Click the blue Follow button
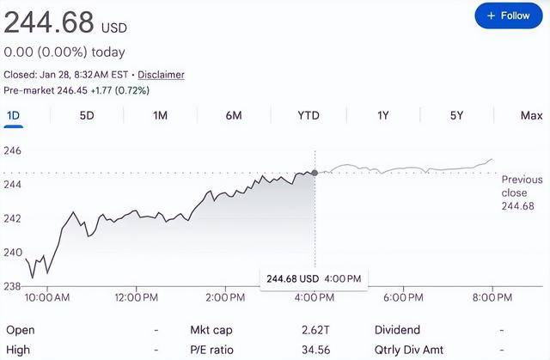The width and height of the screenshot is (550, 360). pyautogui.click(x=508, y=15)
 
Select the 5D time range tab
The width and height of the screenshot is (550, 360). pyautogui.click(x=87, y=115)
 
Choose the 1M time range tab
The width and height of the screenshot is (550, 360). pyautogui.click(x=160, y=115)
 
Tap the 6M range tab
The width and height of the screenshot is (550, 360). pyautogui.click(x=234, y=115)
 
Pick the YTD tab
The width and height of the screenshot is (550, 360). pyautogui.click(x=308, y=115)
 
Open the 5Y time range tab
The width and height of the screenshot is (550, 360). pyautogui.click(x=456, y=115)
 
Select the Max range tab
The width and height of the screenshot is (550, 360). pyautogui.click(x=531, y=115)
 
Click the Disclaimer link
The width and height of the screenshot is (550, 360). pyautogui.click(x=161, y=75)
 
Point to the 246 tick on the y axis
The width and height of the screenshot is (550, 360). pyautogui.click(x=13, y=150)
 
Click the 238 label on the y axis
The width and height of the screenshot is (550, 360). pyautogui.click(x=13, y=285)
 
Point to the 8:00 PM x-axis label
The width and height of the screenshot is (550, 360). pyautogui.click(x=491, y=297)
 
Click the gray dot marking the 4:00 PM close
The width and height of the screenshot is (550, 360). pyautogui.click(x=315, y=173)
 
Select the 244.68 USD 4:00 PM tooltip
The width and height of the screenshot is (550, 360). pyautogui.click(x=315, y=278)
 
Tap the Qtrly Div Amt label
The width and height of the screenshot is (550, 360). pyautogui.click(x=409, y=351)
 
